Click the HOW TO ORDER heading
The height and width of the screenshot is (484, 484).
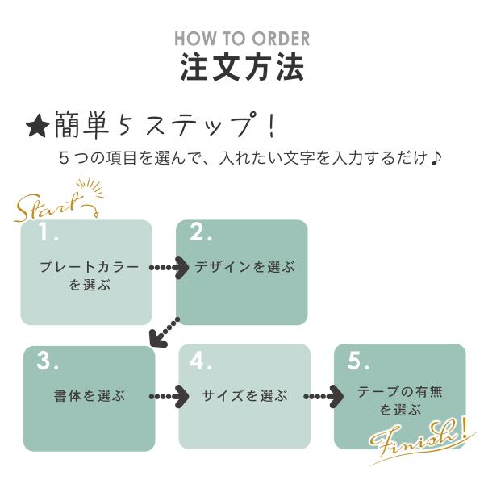[242, 38]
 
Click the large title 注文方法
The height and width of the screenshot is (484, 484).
[242, 67]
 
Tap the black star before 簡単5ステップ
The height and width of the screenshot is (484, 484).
[37, 127]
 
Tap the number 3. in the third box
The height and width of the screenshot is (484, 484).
[48, 362]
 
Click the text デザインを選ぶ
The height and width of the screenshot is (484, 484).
[245, 267]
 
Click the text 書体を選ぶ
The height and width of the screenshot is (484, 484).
[90, 396]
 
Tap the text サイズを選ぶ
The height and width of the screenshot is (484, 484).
[245, 396]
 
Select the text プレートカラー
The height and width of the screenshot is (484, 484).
[89, 266]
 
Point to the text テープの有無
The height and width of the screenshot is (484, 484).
[400, 392]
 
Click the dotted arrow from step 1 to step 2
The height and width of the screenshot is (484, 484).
[169, 267]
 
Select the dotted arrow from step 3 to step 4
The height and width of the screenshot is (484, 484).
[169, 396]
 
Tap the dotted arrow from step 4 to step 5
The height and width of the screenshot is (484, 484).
[323, 396]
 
